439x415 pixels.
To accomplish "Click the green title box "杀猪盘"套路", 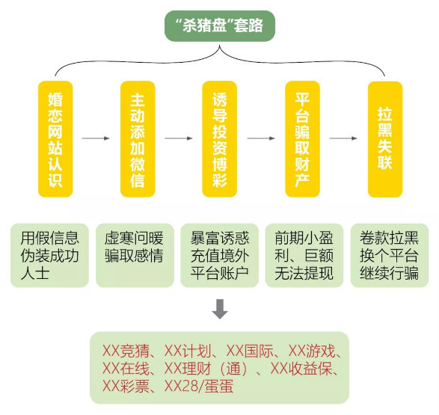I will click(x=219, y=25).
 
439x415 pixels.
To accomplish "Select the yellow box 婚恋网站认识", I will click(x=55, y=139).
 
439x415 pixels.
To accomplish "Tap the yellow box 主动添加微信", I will click(x=138, y=139).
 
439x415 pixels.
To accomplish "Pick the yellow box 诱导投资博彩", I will click(x=220, y=139).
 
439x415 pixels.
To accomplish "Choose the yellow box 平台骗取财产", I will click(x=302, y=139).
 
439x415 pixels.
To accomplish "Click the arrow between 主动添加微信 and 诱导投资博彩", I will click(x=179, y=138).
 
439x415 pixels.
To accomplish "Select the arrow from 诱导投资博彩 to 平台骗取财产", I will click(x=261, y=138).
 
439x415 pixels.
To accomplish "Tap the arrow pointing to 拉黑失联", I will click(x=343, y=138).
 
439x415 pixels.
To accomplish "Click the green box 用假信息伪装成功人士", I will click(x=49, y=255).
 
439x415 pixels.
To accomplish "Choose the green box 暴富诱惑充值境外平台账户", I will click(x=220, y=255).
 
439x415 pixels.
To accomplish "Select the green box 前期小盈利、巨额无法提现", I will click(x=304, y=255).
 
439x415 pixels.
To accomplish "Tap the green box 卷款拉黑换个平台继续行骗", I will click(x=390, y=255).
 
